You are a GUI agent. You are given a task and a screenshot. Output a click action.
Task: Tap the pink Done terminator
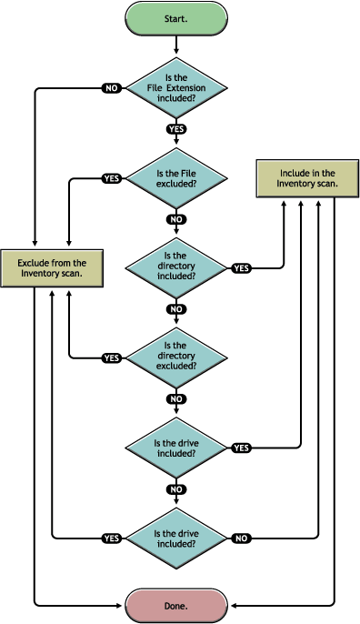tap(176, 604)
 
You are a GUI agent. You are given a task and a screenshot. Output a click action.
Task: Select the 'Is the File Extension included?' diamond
tap(176, 88)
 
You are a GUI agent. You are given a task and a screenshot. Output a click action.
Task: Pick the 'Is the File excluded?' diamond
tap(176, 177)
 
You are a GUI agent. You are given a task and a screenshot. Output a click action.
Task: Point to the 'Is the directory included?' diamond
tap(176, 267)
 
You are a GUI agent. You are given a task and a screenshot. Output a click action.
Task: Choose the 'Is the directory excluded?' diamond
tap(176, 357)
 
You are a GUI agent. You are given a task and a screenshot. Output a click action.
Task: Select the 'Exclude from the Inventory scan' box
tap(50, 267)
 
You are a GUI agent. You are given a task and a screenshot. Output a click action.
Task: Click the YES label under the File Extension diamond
tap(176, 129)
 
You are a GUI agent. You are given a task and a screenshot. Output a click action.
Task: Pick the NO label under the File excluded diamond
tap(176, 219)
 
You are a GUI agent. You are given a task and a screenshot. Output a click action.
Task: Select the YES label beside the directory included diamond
tap(241, 268)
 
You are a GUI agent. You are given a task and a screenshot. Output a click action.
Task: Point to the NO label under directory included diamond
tap(176, 309)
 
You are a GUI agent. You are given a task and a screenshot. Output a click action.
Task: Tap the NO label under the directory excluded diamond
tap(176, 398)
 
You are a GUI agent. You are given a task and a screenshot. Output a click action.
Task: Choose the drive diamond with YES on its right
tap(176, 448)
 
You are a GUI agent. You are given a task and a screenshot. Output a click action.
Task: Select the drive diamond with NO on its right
tap(176, 538)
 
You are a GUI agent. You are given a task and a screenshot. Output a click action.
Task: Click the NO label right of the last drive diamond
tap(241, 538)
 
